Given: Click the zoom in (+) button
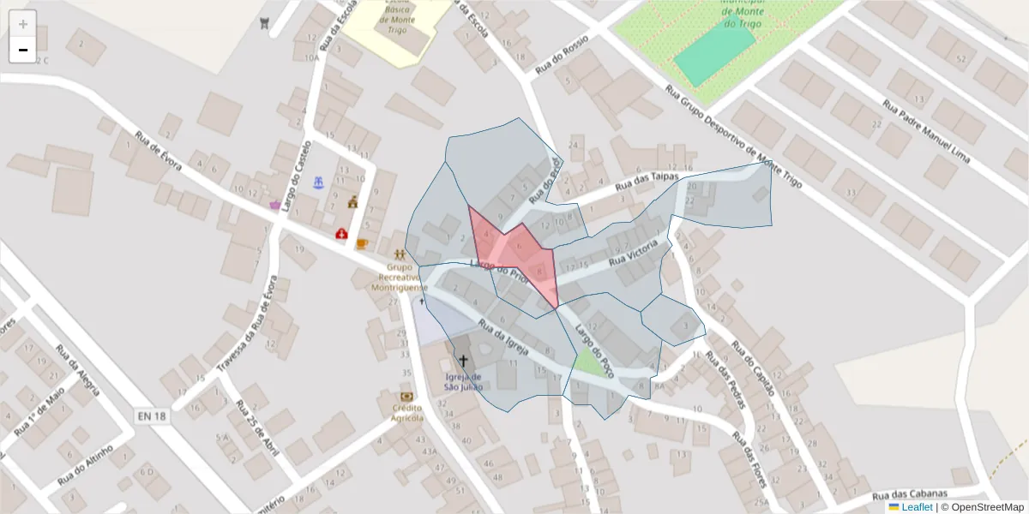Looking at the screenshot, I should pos(22,24).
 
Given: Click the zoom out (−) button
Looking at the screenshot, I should pos(22,50).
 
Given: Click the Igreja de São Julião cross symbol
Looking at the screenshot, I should pos(464,361).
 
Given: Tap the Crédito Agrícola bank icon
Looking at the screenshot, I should pos(407,397).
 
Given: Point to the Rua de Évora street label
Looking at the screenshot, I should pos(159,151).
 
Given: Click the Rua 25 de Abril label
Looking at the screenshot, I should pos(256,427).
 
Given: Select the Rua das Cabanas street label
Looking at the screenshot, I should pos(910,494).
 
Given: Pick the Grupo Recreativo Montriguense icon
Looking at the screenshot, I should pos(400,254).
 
